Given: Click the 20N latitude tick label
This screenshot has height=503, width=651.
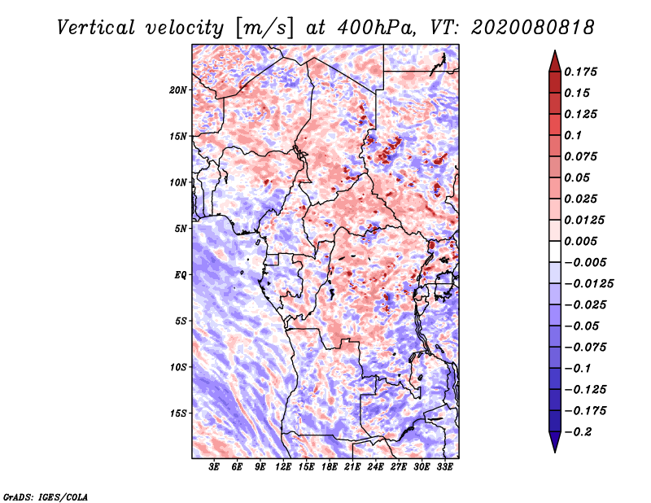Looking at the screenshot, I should (178, 90).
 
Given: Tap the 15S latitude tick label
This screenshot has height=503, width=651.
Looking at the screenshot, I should (178, 413).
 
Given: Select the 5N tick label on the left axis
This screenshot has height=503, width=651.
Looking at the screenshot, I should (181, 228).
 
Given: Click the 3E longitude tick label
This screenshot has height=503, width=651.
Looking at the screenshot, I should (215, 467).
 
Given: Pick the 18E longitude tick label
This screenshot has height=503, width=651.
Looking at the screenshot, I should (330, 467).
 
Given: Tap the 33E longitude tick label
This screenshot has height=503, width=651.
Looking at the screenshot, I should (444, 467).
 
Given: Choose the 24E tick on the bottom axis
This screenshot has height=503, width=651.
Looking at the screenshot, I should (375, 467).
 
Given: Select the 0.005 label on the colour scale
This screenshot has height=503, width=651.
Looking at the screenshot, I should (583, 241).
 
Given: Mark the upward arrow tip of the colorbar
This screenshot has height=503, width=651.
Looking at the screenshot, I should (554, 52).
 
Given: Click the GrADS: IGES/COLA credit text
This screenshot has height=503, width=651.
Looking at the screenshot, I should (46, 496).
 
